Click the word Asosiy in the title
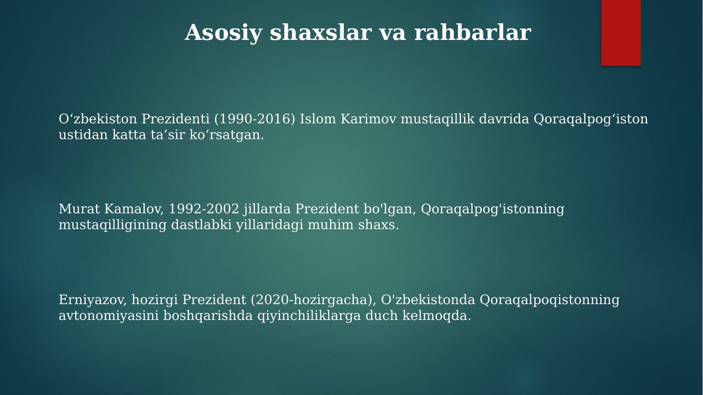223,33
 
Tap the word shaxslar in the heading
321,32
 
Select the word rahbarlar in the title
473,32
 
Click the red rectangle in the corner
621,32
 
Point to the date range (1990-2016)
255,119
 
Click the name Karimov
369,119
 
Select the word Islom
318,119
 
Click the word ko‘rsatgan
227,136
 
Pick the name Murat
79,209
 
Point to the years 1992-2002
204,209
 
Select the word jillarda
267,209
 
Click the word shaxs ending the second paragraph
378,225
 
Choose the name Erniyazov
93,300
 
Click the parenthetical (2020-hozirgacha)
313,300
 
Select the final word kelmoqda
437,315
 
